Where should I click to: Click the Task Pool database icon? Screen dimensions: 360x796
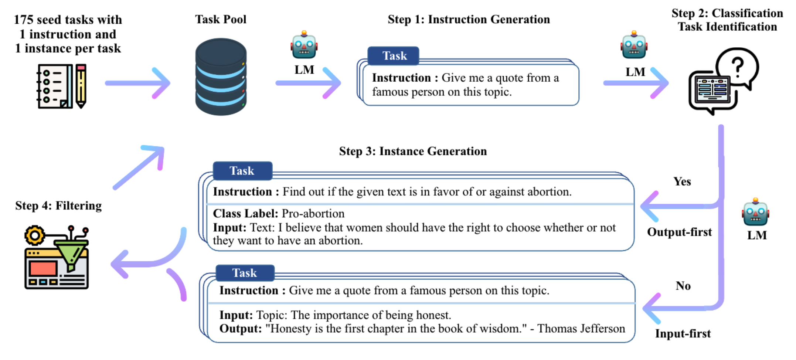point(221,77)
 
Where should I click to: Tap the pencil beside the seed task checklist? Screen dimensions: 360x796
point(81,86)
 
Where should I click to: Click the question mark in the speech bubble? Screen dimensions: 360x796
point(738,67)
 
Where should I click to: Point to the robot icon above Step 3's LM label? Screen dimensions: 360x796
point(755,212)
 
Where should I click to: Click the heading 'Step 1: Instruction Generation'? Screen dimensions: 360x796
point(469,19)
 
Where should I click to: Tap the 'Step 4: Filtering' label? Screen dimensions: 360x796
point(58,206)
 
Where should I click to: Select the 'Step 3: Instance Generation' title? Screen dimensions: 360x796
point(413,151)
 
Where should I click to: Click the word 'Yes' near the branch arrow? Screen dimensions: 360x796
point(682,181)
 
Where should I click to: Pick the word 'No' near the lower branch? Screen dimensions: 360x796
point(683,286)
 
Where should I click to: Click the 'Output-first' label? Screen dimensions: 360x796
point(679,232)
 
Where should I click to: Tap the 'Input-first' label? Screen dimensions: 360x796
point(683,333)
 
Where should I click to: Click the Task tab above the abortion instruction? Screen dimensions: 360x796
point(242,171)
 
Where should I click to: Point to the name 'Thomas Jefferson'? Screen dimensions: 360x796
point(581,329)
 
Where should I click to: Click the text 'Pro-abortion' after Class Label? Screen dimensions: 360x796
point(313,214)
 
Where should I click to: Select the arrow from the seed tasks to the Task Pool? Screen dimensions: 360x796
point(138,83)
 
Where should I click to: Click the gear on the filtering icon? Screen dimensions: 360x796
point(35,235)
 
